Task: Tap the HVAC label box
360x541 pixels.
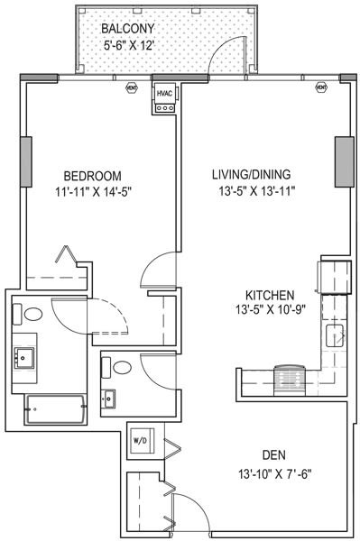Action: (x=165, y=93)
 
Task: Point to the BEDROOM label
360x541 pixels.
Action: (x=92, y=175)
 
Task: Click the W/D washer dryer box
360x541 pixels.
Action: (x=142, y=441)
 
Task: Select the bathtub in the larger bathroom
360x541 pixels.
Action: (x=56, y=411)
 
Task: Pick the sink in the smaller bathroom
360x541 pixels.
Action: (x=111, y=397)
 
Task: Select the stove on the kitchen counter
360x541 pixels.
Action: (x=290, y=375)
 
